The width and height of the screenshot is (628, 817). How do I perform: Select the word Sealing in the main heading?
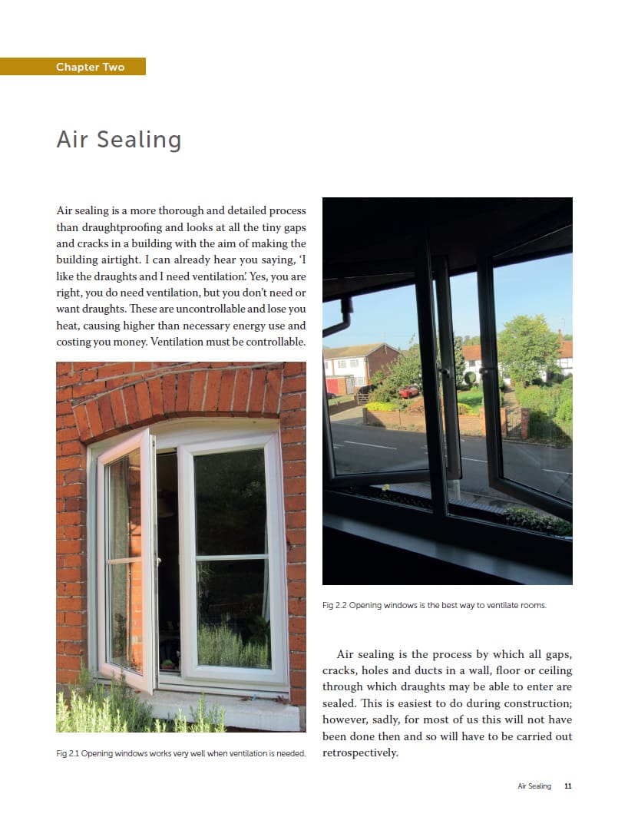(137, 141)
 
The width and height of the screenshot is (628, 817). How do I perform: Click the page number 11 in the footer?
(568, 786)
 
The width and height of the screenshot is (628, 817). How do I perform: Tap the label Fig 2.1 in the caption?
(67, 753)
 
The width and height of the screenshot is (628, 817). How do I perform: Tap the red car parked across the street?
(409, 391)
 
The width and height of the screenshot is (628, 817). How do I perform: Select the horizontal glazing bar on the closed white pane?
(231, 556)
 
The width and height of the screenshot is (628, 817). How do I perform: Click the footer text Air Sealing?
(534, 786)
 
